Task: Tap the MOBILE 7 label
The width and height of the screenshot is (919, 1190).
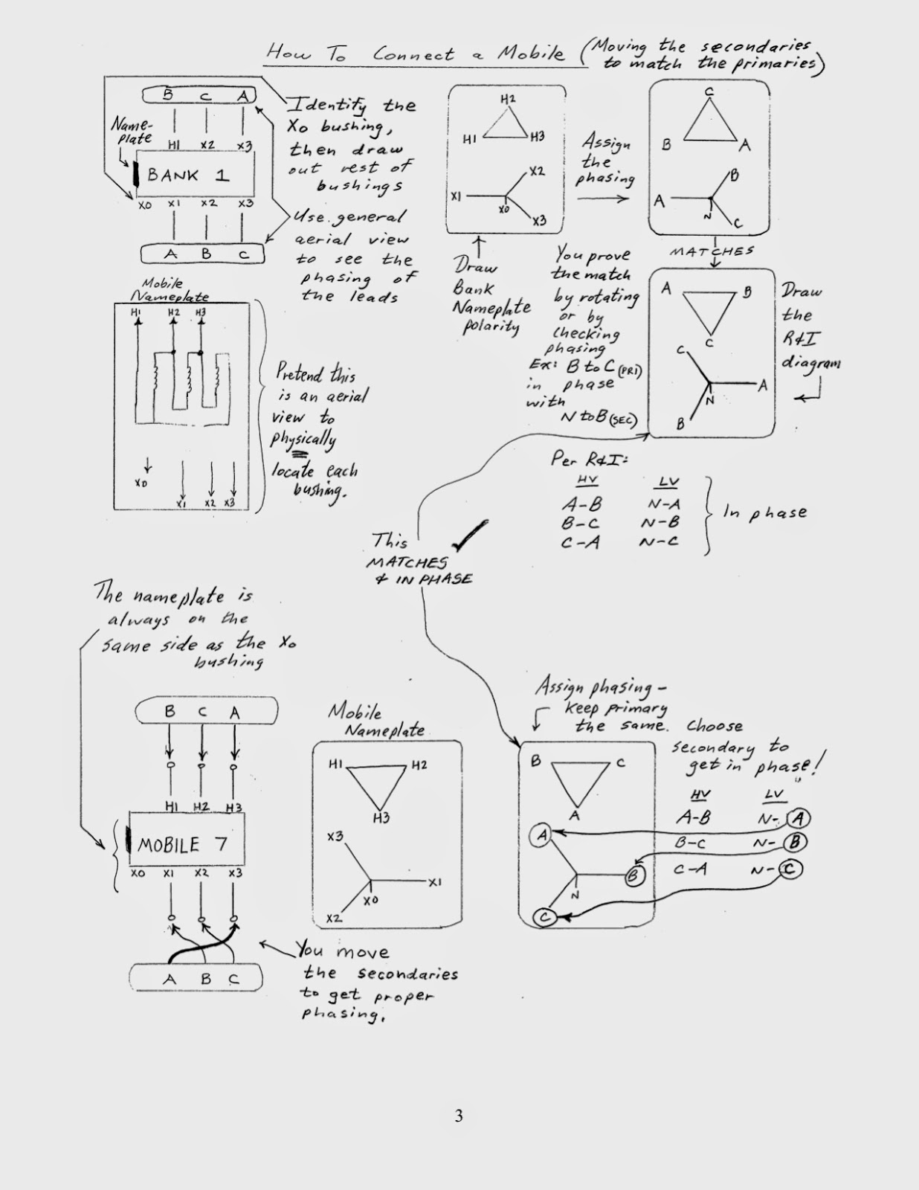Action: pos(183,844)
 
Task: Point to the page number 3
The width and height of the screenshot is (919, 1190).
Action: pos(459,1116)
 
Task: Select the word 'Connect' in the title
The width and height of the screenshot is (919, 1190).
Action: pos(413,54)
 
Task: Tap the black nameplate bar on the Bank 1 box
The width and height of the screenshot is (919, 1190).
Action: pos(137,176)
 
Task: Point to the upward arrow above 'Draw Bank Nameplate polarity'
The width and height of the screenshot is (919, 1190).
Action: pos(479,245)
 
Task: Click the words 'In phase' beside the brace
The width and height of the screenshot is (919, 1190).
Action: pos(765,513)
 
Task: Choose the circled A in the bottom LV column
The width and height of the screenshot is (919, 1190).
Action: pos(799,818)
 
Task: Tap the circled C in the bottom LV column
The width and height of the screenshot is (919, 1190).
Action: pos(790,869)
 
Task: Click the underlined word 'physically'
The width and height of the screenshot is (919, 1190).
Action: pos(303,439)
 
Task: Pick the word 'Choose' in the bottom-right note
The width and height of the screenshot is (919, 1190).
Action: pos(714,726)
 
